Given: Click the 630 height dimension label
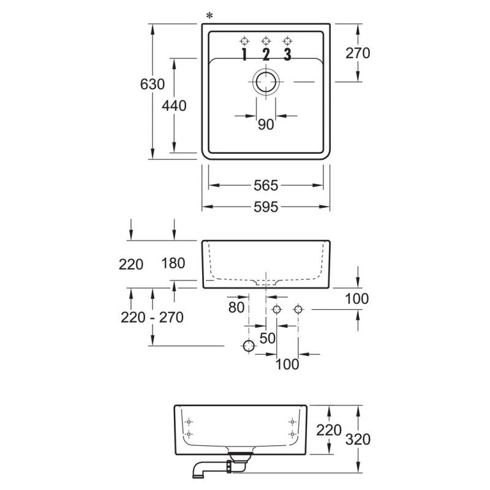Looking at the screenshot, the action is [x=152, y=84].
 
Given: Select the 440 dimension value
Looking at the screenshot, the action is [x=174, y=105].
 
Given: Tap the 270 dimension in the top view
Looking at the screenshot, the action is [x=358, y=53].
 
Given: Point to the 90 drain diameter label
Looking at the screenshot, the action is [x=266, y=124].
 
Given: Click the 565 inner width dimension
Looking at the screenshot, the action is [x=266, y=186].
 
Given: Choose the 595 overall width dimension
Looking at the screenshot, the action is [x=266, y=207].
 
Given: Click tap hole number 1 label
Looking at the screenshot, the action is [x=244, y=55].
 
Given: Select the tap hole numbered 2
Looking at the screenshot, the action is [x=266, y=41].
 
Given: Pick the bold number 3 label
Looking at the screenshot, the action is [x=287, y=55].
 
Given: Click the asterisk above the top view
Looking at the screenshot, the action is [x=209, y=15].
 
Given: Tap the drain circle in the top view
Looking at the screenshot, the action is [x=266, y=82].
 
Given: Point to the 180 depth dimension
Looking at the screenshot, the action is [x=173, y=263].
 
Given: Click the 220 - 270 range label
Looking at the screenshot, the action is [x=152, y=317].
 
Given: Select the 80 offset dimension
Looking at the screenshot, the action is [x=236, y=307].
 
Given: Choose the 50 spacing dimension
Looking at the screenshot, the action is [x=268, y=338].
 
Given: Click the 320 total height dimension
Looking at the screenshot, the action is [x=358, y=439].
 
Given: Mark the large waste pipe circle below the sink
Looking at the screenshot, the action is [x=249, y=346].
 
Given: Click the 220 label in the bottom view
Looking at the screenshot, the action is [x=329, y=431].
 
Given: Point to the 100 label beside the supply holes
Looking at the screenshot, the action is [x=357, y=299].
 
